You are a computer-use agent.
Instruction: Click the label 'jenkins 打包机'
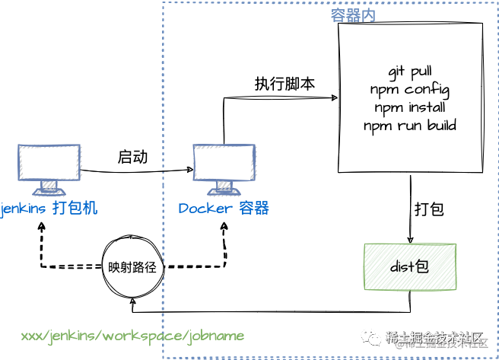[x=49, y=208]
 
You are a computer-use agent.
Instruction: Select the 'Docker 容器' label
[x=224, y=208]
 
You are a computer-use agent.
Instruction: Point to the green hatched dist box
[x=409, y=266]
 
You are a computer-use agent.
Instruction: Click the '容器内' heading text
[x=353, y=16]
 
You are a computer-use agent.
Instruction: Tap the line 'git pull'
[x=410, y=72]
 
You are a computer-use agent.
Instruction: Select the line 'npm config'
[x=410, y=90]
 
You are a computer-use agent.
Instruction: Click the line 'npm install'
[x=410, y=107]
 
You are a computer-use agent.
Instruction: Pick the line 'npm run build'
[x=410, y=125]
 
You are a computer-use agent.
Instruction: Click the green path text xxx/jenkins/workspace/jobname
[x=132, y=336]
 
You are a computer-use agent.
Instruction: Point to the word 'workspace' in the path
[x=147, y=336]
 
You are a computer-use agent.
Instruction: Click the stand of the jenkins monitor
[x=49, y=185]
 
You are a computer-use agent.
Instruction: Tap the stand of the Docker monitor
[x=223, y=185]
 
